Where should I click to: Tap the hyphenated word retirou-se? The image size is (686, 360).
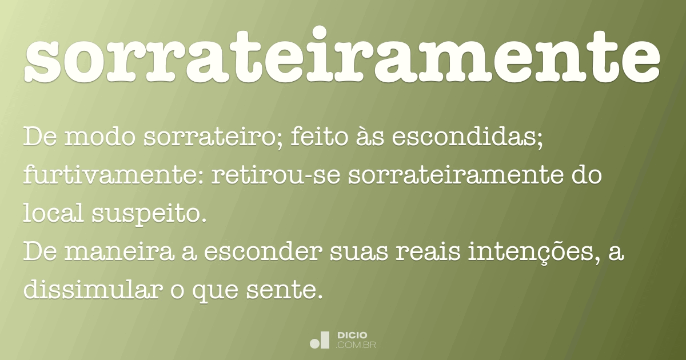[275, 176]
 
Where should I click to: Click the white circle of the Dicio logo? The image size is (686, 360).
[315, 343]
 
